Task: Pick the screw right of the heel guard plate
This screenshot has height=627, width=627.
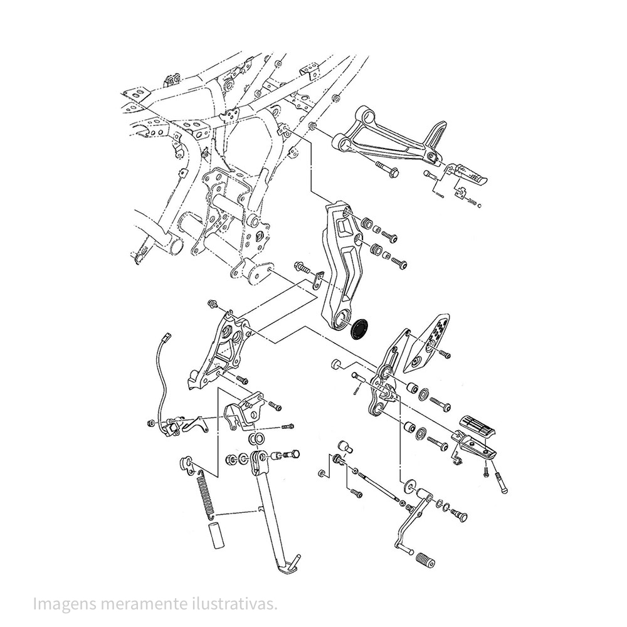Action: click(x=445, y=354)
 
